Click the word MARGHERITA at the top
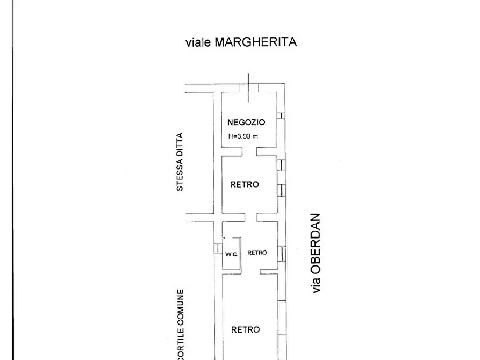[x=256, y=42]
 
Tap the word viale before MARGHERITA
[x=198, y=42]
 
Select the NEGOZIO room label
[x=246, y=123]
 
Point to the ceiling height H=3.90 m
[x=243, y=136]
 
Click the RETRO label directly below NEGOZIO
[x=245, y=184]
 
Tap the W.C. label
[x=231, y=254]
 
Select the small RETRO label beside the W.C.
[x=257, y=253]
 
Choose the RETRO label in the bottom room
[x=246, y=329]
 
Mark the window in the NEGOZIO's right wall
[x=281, y=116]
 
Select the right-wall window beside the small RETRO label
[x=281, y=253]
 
